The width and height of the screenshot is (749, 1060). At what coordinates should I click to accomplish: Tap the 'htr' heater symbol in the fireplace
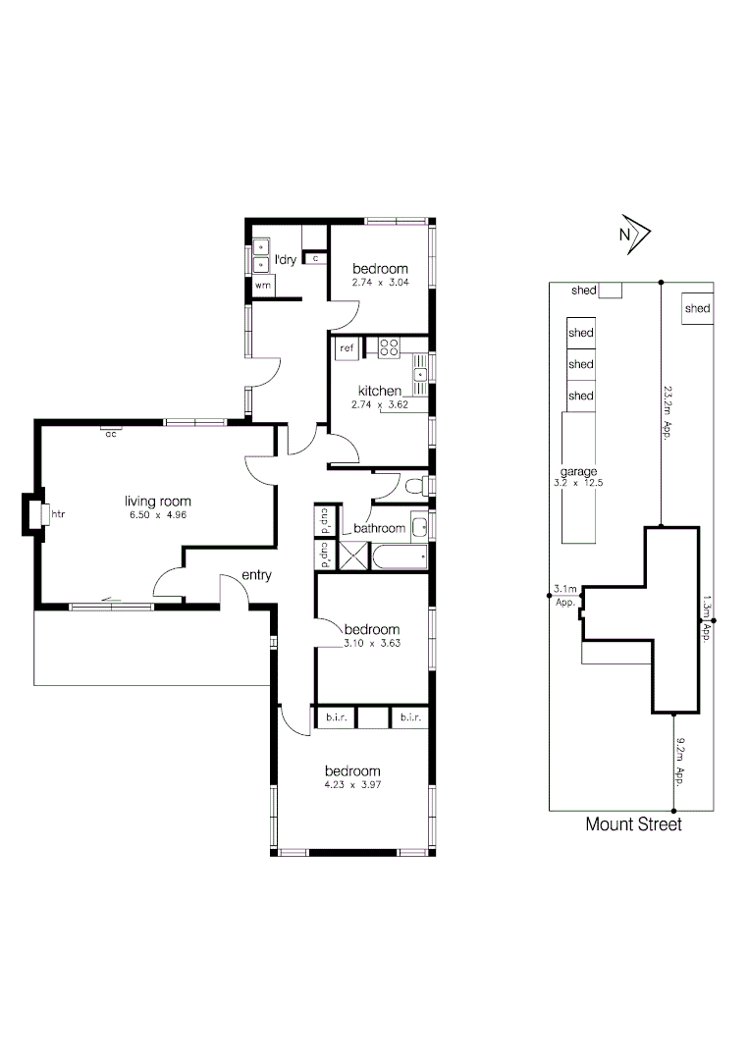coord(57,513)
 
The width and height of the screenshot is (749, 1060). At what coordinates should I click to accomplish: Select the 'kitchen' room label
coord(379,390)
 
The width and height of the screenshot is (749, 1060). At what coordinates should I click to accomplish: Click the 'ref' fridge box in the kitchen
coord(347,347)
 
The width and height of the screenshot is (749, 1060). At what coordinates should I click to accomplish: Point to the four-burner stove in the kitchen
coord(389,346)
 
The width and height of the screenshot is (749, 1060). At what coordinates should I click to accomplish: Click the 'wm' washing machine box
coord(262,285)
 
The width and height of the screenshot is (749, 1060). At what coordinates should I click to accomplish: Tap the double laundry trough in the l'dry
coord(260,255)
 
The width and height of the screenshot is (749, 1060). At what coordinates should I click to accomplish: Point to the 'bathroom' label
coord(379,528)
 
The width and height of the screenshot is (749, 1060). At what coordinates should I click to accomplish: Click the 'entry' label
coord(255,576)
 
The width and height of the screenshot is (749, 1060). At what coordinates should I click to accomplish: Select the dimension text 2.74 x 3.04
coord(380,283)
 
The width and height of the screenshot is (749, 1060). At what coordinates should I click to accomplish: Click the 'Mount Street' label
coord(633,824)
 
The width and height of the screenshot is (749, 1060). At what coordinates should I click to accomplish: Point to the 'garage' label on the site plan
coord(579,471)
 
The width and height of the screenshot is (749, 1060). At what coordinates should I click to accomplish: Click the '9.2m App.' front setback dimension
coord(677,763)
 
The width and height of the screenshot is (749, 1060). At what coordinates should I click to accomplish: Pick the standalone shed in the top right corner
coord(697,308)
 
